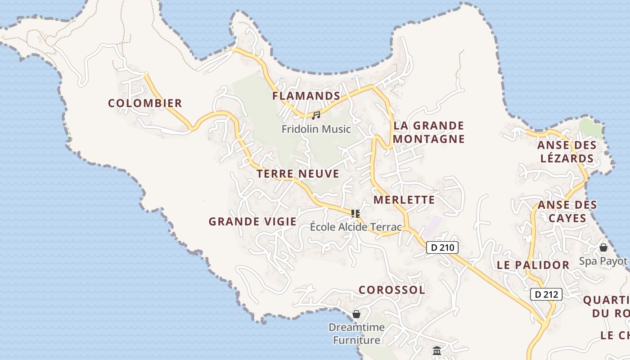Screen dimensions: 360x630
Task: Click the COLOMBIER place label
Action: pos(145,103)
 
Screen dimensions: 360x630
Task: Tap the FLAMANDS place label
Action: pos(306,96)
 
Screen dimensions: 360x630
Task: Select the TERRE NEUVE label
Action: pos(297,174)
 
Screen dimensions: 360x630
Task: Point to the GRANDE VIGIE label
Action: pos(252,221)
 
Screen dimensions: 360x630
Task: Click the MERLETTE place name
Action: pos(404,200)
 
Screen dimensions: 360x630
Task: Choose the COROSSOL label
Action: pos(391,290)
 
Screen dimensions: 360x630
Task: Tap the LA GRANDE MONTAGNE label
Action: pos(428,132)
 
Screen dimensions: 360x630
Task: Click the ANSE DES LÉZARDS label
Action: pos(567,152)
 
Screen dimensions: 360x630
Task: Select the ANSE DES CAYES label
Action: pos(567,211)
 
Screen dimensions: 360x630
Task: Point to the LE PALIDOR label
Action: pos(533,265)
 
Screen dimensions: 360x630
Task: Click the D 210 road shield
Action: pos(442,247)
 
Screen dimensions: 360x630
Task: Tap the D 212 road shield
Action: pos(546,295)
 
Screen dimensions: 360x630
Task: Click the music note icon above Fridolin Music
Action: pos(316,116)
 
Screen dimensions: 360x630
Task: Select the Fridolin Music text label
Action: pos(316,129)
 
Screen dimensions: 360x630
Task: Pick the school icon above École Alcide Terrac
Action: pos(355,213)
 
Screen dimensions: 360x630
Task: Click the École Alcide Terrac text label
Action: pos(355,227)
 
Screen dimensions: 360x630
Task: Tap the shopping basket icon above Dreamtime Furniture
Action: pos(356,314)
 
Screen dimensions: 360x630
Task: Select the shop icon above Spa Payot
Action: pos(603,247)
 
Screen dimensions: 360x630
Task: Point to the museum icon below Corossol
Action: pos(436,351)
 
